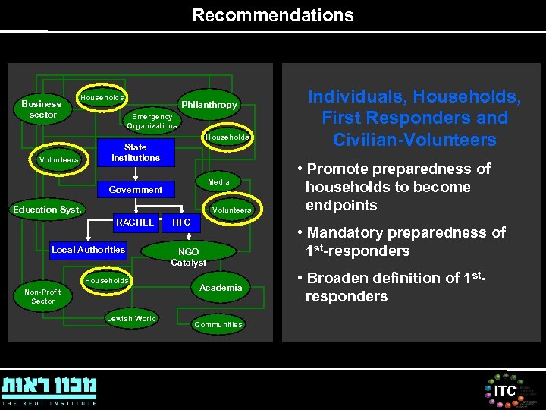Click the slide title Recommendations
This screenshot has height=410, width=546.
coord(272,15)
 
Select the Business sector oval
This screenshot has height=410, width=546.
coord(42,109)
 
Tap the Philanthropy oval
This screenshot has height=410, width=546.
coord(209,105)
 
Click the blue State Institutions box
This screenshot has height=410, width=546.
coord(136,153)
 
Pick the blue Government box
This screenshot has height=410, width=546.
coord(136,190)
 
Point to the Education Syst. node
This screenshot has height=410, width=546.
coord(47,210)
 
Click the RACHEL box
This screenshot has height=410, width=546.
coord(135,222)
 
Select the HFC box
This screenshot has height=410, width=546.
coord(182,222)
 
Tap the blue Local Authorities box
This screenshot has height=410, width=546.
coord(89,250)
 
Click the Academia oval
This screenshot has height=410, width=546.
coord(221,288)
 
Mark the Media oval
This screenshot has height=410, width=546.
coord(218,182)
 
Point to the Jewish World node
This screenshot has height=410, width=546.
coord(132,319)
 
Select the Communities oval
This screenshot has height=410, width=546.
coord(218,325)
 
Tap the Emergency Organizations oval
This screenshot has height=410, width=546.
coord(152,121)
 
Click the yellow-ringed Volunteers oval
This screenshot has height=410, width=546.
coord(58,160)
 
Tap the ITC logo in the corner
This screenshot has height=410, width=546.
coord(505,390)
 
